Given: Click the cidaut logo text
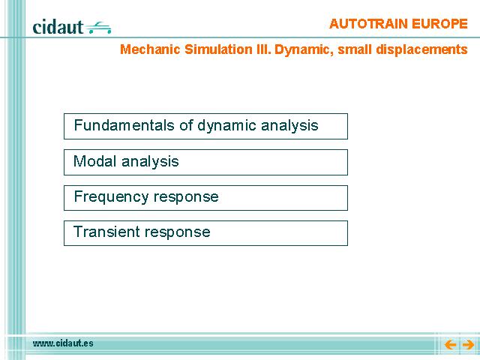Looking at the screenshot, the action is pyautogui.click(x=58, y=27).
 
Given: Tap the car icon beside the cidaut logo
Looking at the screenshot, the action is pyautogui.click(x=98, y=27).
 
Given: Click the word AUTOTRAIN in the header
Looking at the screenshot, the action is pyautogui.click(x=368, y=23).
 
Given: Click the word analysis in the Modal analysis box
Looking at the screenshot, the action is pyautogui.click(x=150, y=162).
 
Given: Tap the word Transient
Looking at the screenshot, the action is pyautogui.click(x=106, y=232).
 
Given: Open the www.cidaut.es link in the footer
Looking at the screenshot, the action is pyautogui.click(x=63, y=343).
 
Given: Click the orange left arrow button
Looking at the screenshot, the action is pyautogui.click(x=450, y=345).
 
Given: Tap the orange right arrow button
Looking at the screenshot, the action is pyautogui.click(x=468, y=345).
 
